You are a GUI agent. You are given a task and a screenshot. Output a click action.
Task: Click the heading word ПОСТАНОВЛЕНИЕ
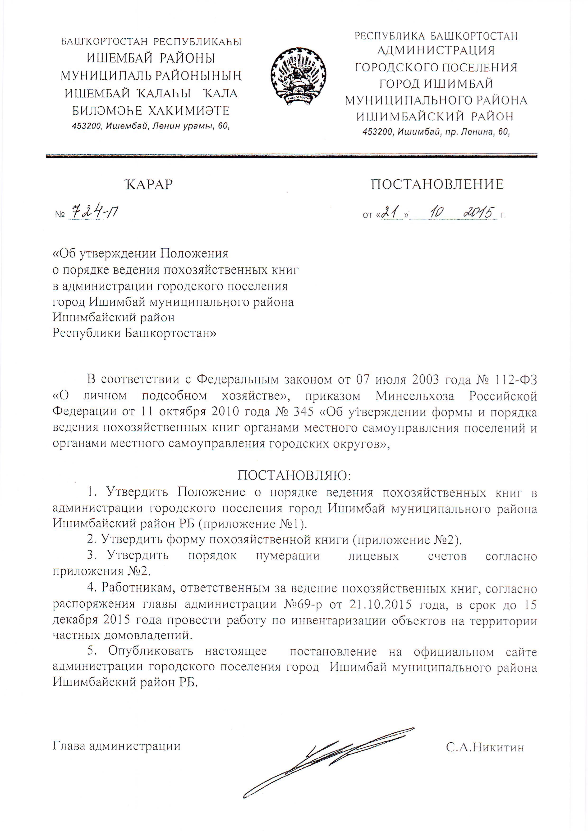tap(437, 184)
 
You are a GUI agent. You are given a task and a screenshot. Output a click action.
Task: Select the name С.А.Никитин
tap(485, 746)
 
